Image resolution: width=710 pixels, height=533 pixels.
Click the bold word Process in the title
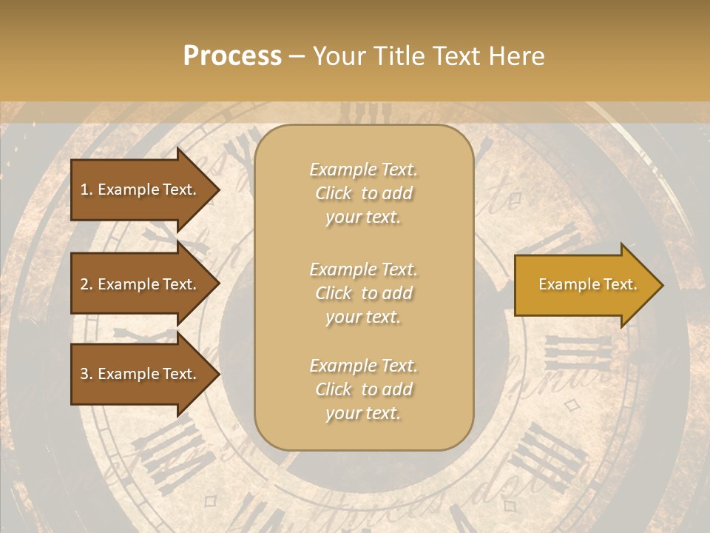tap(232, 56)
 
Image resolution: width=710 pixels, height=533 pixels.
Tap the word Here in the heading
tap(517, 56)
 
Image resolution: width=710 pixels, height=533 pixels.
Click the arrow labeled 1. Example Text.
tap(141, 190)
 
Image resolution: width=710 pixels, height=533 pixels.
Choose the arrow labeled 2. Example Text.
tap(141, 284)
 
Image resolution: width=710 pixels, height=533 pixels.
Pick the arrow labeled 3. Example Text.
tap(141, 374)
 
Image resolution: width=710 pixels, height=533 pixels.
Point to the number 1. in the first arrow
tap(87, 190)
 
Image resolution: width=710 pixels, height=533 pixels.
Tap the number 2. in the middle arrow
tap(87, 284)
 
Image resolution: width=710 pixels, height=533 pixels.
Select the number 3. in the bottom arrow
tap(87, 374)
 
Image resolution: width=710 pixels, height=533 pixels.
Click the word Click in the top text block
tap(334, 193)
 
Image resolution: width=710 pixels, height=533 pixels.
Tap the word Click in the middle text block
tap(334, 293)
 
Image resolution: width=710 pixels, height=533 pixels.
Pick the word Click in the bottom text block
tap(334, 389)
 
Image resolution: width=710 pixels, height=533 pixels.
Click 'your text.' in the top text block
tap(363, 218)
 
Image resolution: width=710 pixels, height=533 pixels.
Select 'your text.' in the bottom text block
tap(363, 414)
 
